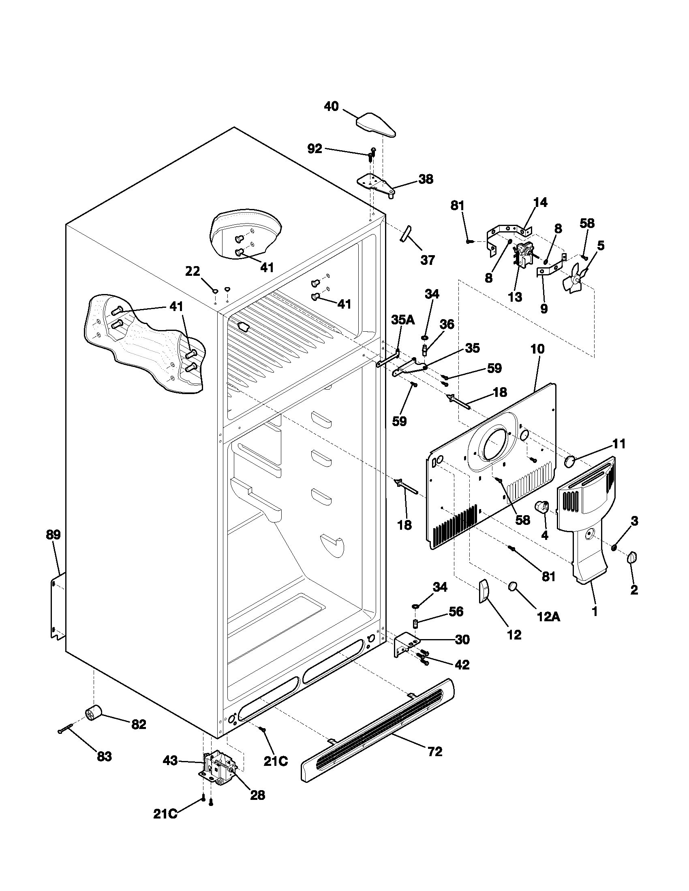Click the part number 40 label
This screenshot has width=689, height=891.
[x=331, y=107]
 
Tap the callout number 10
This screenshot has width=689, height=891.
[x=537, y=349]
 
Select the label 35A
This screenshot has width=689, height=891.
[x=403, y=320]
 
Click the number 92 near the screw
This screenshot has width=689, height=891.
[x=315, y=149]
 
